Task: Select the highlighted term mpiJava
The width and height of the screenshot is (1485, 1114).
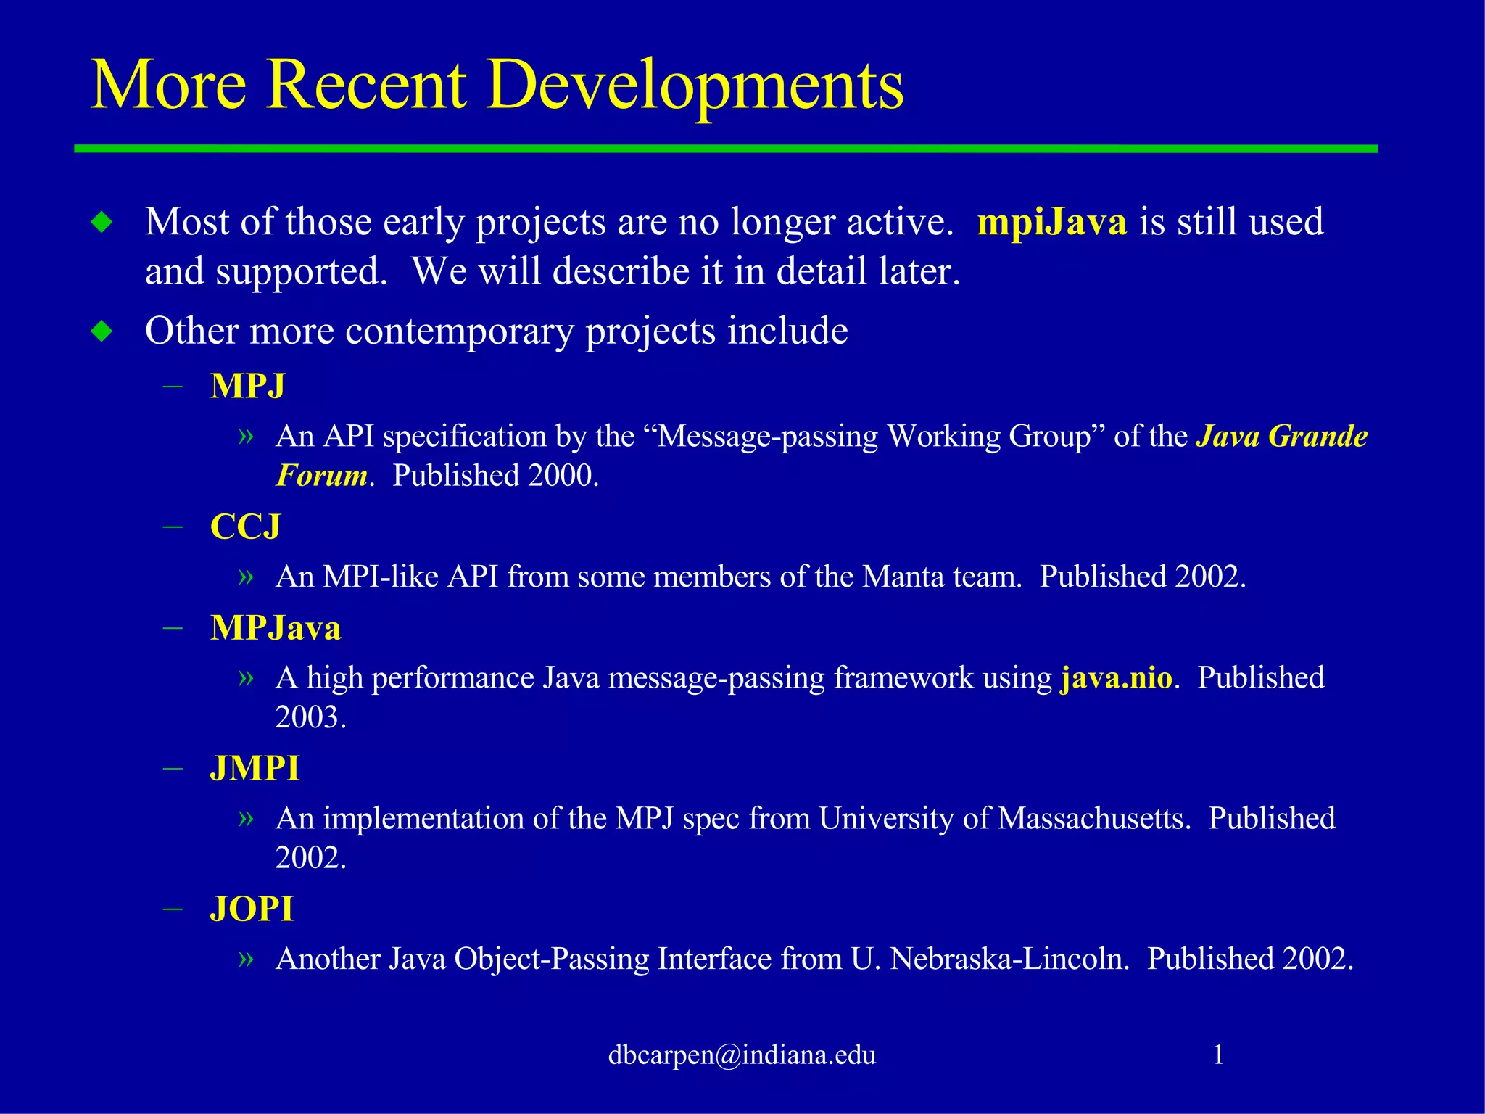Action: [1051, 222]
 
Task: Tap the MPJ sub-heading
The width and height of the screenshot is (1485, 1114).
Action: [247, 386]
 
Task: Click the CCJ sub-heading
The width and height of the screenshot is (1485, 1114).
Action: [245, 527]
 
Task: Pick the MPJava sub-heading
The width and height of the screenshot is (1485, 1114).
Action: [276, 628]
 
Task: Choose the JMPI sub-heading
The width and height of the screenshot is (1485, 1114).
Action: [255, 769]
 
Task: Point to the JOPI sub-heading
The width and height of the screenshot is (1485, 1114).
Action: [252, 909]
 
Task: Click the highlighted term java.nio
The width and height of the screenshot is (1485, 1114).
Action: [1116, 678]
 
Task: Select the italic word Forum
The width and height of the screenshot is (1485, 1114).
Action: [321, 476]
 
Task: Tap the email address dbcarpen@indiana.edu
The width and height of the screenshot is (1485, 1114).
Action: [742, 1055]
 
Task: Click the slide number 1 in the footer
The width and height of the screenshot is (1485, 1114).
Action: [1219, 1055]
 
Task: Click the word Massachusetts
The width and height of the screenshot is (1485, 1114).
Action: [1093, 819]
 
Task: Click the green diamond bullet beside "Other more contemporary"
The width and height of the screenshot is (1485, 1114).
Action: [102, 331]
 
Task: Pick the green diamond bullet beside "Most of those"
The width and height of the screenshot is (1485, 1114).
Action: [102, 222]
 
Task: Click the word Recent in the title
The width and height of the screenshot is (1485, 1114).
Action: [366, 86]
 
